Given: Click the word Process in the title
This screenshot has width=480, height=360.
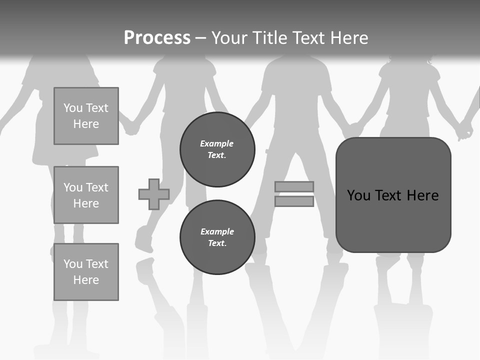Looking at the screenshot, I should coord(157,38).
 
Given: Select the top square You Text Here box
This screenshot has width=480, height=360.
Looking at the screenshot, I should coord(86,116).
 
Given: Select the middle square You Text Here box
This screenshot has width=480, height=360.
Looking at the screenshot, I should coord(86,195).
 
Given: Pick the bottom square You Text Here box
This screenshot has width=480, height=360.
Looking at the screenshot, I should coord(86,272).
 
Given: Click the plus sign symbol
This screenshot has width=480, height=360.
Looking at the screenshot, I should coord(154,194).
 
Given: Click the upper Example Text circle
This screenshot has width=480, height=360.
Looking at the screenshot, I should coord(217,149).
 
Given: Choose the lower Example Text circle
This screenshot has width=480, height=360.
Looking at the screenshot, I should coord(217,237).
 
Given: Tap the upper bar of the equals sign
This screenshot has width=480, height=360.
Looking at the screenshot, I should coord(294,187).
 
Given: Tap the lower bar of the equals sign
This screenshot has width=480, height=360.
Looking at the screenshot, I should coord(294,201).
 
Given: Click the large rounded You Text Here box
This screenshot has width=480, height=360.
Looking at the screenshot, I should coord(393,195).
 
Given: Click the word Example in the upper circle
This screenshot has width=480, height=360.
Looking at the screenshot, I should coord(217,143).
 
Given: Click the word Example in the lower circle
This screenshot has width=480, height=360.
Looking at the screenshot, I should coord(217,231).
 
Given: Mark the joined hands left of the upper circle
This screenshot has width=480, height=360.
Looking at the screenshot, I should coord(131,128).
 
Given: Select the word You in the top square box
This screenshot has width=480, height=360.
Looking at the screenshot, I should coord(72,108).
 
